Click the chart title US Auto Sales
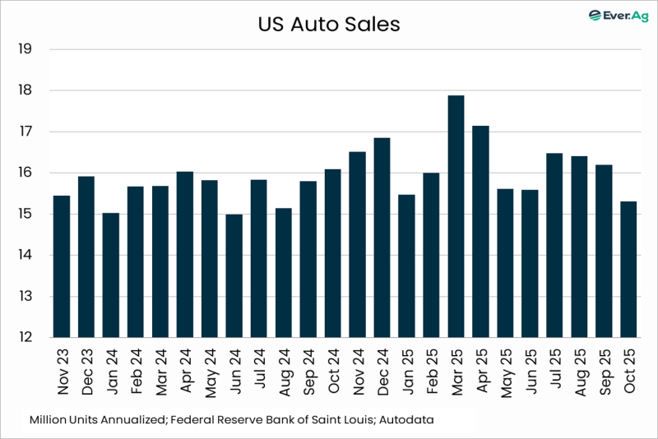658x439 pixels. coord(328,25)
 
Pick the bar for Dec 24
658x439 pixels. coord(382,238)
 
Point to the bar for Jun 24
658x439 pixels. coord(234,275)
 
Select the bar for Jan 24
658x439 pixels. coord(110,275)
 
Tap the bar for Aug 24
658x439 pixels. coord(283,272)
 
